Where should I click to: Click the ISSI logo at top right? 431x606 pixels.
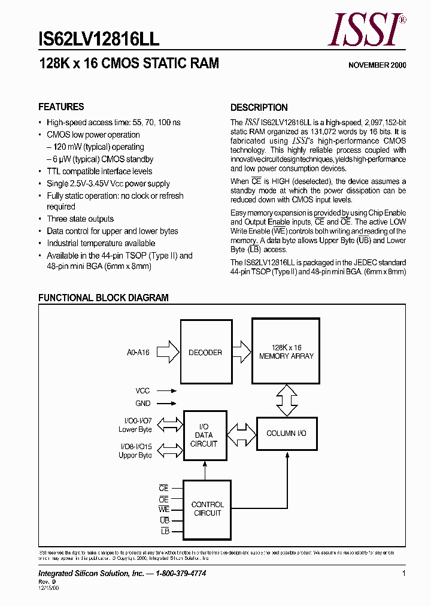(x=366, y=31)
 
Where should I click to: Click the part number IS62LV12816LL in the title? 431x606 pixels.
(x=99, y=40)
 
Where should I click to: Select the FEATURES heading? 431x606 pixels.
(x=61, y=107)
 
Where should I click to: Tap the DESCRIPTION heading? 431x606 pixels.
(x=259, y=108)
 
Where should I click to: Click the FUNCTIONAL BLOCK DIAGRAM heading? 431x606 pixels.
(x=104, y=298)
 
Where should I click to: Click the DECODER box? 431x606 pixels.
(x=206, y=352)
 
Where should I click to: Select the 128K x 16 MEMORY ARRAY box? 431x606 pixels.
(x=286, y=351)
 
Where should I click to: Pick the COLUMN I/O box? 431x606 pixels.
(x=286, y=433)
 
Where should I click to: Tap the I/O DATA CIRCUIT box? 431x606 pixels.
(x=204, y=435)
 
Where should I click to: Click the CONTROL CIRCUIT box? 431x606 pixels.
(x=207, y=509)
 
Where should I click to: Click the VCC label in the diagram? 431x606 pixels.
(x=142, y=390)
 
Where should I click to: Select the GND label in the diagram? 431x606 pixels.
(x=142, y=404)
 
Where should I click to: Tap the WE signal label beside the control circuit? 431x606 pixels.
(x=164, y=510)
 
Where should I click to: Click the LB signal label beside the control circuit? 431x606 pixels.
(x=165, y=531)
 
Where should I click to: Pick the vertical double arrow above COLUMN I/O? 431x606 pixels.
(x=286, y=399)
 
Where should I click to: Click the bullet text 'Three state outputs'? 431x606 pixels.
(x=80, y=219)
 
